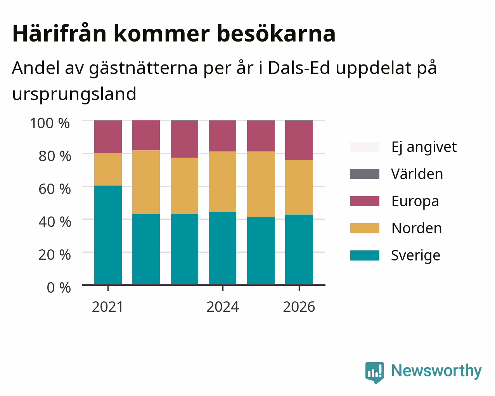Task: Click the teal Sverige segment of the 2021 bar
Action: [108, 235]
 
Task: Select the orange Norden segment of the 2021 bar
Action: [108, 169]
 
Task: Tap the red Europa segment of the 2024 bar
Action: [222, 136]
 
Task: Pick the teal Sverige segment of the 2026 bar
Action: [299, 250]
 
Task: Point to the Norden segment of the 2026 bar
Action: [299, 188]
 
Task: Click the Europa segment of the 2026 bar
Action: [299, 140]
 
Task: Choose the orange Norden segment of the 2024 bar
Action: [222, 182]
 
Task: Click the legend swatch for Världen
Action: [365, 174]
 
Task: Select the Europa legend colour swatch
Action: [365, 201]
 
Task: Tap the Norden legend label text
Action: [417, 228]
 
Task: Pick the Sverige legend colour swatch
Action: [365, 255]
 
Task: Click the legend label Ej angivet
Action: [424, 148]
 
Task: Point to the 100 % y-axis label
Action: [50, 123]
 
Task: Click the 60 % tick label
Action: [55, 189]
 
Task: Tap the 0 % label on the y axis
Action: [59, 288]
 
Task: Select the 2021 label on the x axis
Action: [107, 307]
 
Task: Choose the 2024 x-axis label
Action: [223, 307]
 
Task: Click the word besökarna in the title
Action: [276, 34]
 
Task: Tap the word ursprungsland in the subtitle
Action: [74, 94]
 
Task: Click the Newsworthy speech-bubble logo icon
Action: [375, 372]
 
